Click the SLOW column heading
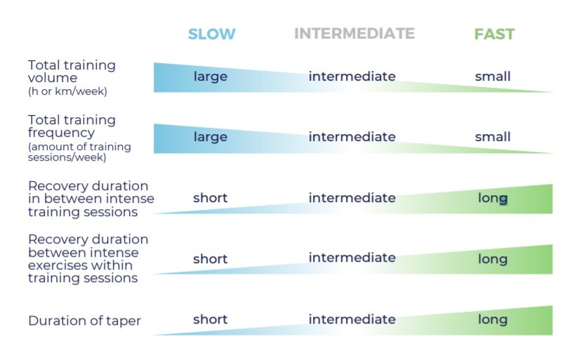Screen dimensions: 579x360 [211, 34]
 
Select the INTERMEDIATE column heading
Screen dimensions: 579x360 [354, 34]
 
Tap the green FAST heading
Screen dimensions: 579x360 [495, 34]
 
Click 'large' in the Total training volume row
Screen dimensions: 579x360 [211, 77]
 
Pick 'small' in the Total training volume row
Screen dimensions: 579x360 [493, 76]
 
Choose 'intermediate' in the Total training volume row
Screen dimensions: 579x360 [352, 76]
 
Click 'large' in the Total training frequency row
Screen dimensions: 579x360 [211, 138]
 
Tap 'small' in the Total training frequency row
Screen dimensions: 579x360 [493, 137]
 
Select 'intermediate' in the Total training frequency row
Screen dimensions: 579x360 [352, 137]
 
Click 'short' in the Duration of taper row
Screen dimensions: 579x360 [210, 319]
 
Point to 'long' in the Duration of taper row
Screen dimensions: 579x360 [493, 320]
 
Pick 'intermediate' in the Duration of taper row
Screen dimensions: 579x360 [352, 319]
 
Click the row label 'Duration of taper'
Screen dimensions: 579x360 [84, 321]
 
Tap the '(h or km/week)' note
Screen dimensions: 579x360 [67, 91]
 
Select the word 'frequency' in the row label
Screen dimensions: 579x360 [61, 133]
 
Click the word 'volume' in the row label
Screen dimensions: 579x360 [53, 78]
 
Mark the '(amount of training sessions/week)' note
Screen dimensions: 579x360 [79, 152]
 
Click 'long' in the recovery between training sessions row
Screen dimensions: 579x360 [493, 199]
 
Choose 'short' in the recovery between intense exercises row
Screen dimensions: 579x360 [210, 259]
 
